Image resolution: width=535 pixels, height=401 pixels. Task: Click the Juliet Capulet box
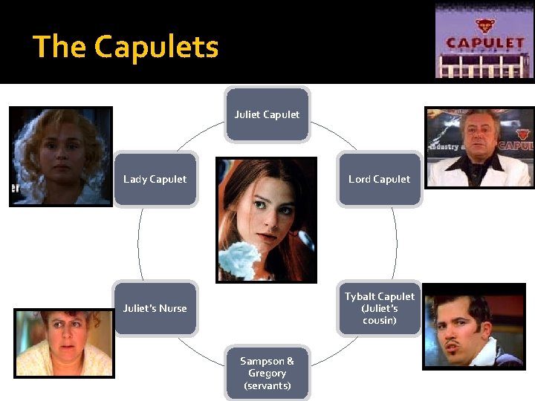click(267, 114)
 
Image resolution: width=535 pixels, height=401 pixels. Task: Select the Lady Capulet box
click(155, 179)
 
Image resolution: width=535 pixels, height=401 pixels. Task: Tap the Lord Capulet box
click(379, 179)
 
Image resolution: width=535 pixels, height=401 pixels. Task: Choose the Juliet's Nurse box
click(155, 308)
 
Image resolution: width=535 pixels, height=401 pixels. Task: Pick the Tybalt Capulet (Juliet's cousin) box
click(379, 308)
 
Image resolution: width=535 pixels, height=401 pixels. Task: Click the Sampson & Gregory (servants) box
click(267, 373)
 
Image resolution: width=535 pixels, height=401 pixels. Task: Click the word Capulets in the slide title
click(156, 47)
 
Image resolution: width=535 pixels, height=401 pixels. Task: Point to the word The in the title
click(59, 47)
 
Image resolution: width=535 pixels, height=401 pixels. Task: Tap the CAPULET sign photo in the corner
click(484, 41)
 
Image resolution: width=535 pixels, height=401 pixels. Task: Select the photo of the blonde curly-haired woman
click(60, 156)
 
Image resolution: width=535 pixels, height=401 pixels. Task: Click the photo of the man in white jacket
click(479, 147)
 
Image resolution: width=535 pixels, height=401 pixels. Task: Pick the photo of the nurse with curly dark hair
click(65, 343)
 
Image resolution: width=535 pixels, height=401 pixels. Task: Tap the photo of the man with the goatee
click(473, 326)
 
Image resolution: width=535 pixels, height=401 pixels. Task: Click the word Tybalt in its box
click(360, 296)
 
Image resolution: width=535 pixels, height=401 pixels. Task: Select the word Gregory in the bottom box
click(267, 374)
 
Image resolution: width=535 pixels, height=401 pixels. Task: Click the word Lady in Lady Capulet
click(134, 179)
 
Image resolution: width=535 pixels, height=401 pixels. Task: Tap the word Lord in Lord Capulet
click(360, 179)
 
